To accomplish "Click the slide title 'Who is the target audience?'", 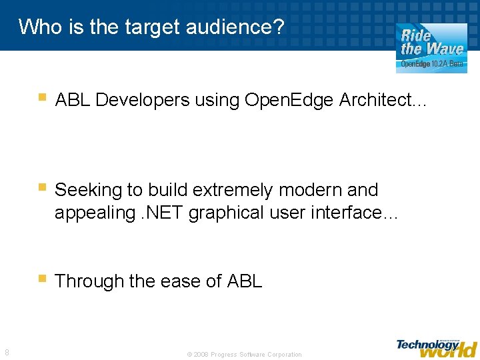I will pos(151,27).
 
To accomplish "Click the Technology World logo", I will pos(437,347).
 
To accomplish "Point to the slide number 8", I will pos(7,353).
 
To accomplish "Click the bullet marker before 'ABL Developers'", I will pos(42,99).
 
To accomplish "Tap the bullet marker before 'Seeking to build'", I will pos(42,189).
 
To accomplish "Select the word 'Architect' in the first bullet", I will pos(378,101).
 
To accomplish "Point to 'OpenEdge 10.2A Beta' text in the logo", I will pos(432,65).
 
